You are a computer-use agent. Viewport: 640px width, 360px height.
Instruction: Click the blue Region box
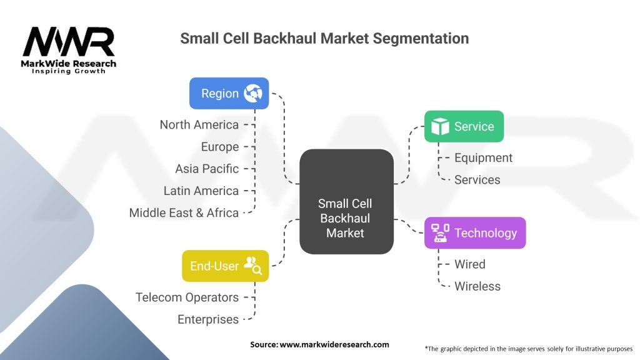[x=229, y=94]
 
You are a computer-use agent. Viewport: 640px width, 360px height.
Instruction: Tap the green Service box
[x=464, y=126]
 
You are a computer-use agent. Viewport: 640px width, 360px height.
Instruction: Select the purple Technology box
[x=475, y=233]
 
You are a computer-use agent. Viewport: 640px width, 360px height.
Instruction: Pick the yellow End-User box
[x=225, y=266]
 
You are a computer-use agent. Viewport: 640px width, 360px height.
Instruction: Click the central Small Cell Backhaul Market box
[x=346, y=202]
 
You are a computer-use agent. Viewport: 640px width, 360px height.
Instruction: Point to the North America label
[x=199, y=125]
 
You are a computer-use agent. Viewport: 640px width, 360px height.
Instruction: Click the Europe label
[x=220, y=147]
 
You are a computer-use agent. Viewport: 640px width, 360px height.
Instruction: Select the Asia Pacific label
[x=207, y=169]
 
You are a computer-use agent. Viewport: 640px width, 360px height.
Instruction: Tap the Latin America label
[x=201, y=191]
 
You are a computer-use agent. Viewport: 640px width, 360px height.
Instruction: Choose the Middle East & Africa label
[x=184, y=213]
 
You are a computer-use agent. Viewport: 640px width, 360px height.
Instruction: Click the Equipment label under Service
[x=483, y=158]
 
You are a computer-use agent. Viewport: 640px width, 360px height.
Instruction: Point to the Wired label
[x=470, y=264]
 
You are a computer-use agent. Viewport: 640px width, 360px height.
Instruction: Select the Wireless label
[x=477, y=286]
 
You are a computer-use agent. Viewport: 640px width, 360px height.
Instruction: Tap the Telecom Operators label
[x=187, y=297]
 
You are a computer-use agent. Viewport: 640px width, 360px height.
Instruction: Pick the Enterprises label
[x=208, y=319]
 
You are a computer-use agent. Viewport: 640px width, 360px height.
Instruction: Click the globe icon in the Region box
[x=253, y=94]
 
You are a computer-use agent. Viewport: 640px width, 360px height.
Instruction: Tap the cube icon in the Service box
[x=441, y=126]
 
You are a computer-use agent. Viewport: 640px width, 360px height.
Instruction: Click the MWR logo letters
[x=69, y=42]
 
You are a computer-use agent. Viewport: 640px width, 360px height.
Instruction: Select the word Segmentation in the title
[x=421, y=39]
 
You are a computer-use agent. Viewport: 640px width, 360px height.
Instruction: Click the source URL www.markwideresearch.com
[x=334, y=344]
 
